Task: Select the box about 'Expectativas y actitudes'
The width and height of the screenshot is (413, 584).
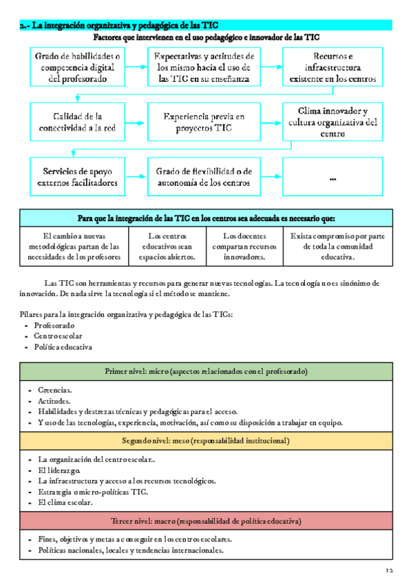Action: coord(204,67)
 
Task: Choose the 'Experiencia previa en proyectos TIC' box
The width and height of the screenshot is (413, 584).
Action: coord(204,122)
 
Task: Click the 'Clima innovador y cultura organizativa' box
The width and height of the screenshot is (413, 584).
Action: coord(332,122)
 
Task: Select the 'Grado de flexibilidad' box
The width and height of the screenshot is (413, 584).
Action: coord(204,177)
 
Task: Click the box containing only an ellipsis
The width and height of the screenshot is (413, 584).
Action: coord(332,177)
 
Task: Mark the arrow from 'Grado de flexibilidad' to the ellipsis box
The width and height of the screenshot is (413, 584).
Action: coord(272,177)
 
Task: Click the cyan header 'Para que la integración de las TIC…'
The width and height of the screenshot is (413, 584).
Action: coord(206,218)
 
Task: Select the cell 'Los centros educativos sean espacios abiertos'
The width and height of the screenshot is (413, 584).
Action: coord(172,246)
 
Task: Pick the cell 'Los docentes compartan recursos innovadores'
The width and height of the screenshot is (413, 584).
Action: coord(244,246)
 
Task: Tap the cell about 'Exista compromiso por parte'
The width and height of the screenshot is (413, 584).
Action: coord(337,246)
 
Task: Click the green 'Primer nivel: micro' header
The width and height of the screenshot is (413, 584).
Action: coord(206,371)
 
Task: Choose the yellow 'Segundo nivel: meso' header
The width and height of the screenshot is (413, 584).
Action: coord(206,441)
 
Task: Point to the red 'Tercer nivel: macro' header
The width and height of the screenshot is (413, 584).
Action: coord(206,521)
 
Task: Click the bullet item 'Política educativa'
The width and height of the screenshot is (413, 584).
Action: coord(63,347)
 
